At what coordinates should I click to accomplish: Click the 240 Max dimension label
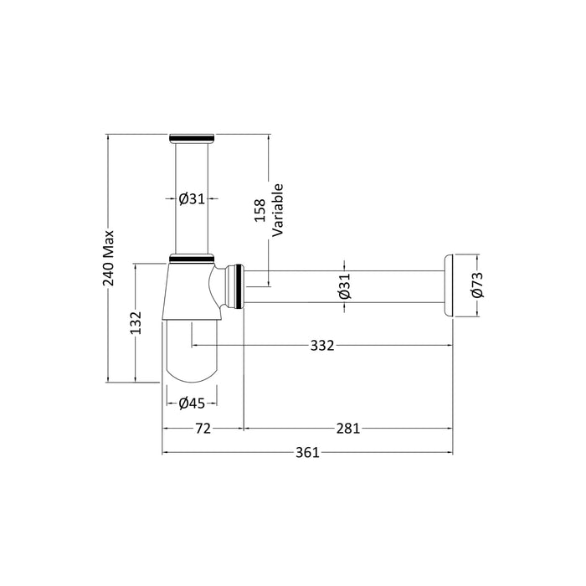[x=109, y=258]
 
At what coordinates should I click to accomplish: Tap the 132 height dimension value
[x=136, y=323]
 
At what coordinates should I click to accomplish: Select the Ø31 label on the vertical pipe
[x=192, y=199]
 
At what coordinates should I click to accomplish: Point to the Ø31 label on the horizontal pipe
[x=345, y=286]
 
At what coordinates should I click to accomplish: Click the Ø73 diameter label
[x=477, y=285]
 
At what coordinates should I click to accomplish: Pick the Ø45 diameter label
[x=192, y=404]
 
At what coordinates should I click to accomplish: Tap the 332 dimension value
[x=322, y=346]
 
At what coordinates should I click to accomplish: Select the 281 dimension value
[x=348, y=429]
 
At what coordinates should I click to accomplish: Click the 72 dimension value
[x=203, y=429]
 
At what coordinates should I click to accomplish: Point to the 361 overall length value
[x=307, y=453]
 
